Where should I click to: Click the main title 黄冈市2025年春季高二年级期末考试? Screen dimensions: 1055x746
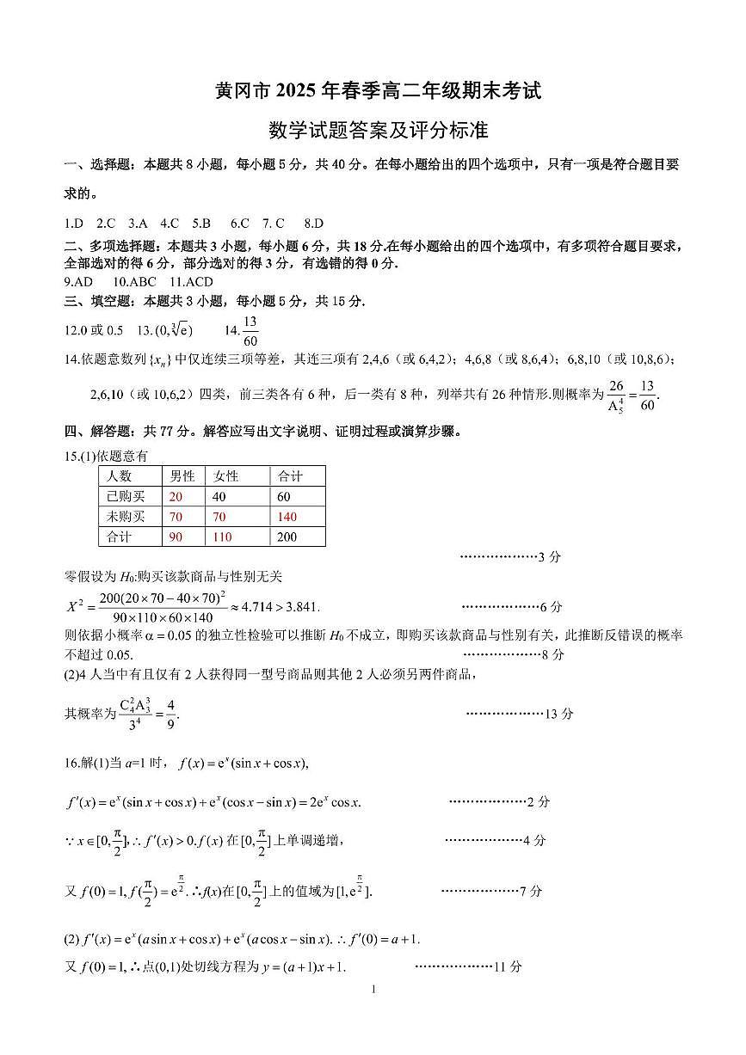pos(378,90)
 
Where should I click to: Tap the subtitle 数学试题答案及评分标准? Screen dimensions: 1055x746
pos(378,131)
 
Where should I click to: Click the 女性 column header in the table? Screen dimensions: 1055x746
pos(226,475)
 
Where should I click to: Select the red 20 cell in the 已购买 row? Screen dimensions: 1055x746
pos(176,496)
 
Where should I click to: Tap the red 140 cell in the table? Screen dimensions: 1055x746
pos(287,517)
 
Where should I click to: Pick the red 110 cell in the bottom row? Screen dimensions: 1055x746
pos(222,537)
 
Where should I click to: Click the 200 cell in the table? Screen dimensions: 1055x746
pos(287,537)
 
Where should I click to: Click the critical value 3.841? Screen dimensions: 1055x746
pos(300,607)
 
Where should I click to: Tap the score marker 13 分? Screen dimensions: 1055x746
pos(559,714)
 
